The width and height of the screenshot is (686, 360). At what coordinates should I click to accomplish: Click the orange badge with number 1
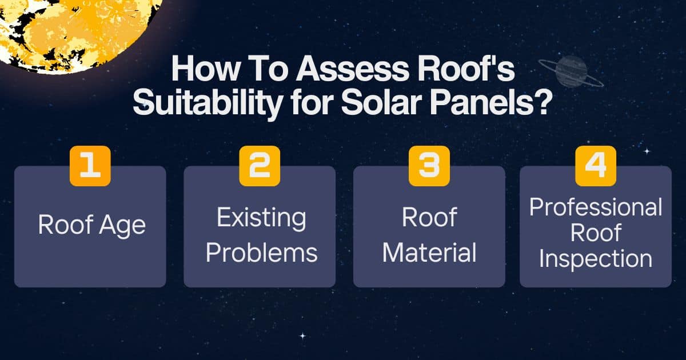pyautogui.click(x=90, y=166)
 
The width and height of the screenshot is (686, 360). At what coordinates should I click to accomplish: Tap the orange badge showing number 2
pyautogui.click(x=260, y=166)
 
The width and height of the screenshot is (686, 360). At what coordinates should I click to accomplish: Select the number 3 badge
pyautogui.click(x=429, y=166)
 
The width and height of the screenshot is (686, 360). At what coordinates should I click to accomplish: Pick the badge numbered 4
pyautogui.click(x=596, y=166)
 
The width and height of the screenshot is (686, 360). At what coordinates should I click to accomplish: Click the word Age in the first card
pyautogui.click(x=121, y=225)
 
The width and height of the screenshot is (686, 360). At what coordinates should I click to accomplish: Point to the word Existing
pyautogui.click(x=261, y=218)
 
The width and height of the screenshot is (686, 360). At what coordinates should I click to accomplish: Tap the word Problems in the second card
pyautogui.click(x=261, y=253)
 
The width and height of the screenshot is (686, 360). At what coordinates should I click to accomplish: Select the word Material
pyautogui.click(x=429, y=253)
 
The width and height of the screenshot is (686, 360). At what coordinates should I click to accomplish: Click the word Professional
pyautogui.click(x=596, y=207)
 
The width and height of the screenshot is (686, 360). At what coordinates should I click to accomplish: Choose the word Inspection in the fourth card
pyautogui.click(x=596, y=258)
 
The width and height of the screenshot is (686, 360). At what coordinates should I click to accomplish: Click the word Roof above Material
pyautogui.click(x=429, y=218)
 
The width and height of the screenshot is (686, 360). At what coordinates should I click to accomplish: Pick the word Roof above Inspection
pyautogui.click(x=596, y=233)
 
